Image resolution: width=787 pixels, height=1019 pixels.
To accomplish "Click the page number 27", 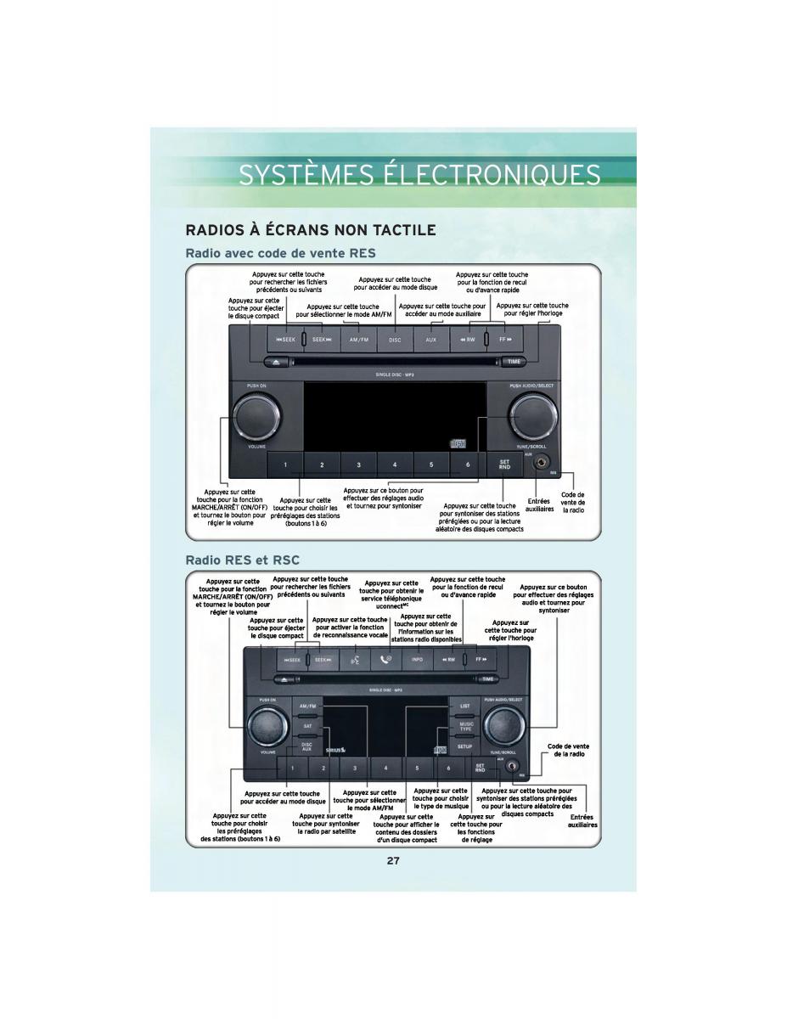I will click(x=393, y=860).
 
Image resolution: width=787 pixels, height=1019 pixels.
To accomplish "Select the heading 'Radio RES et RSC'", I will click(x=242, y=560).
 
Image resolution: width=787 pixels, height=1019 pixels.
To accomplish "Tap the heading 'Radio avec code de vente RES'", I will click(x=280, y=253).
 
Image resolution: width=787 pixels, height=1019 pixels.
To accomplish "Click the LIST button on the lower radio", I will click(x=464, y=706).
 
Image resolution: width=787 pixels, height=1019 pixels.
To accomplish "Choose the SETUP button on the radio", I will click(x=464, y=746).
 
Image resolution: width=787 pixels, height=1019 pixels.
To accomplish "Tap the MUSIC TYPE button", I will click(x=465, y=726).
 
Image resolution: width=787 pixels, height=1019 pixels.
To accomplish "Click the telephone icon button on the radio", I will click(x=386, y=659).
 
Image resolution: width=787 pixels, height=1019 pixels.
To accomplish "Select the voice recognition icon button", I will click(x=355, y=659).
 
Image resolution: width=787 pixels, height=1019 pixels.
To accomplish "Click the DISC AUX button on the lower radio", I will click(x=306, y=747).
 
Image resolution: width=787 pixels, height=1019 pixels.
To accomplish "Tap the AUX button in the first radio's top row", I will click(x=430, y=340).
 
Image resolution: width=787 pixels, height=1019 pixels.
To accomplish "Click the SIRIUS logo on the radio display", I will click(x=334, y=748).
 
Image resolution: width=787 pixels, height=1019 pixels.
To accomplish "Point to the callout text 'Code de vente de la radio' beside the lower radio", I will click(x=568, y=750).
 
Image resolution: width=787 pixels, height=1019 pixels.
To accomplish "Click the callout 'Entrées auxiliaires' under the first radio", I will click(x=539, y=504).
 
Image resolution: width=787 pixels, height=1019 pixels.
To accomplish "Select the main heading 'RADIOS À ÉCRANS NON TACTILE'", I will click(x=311, y=230).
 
